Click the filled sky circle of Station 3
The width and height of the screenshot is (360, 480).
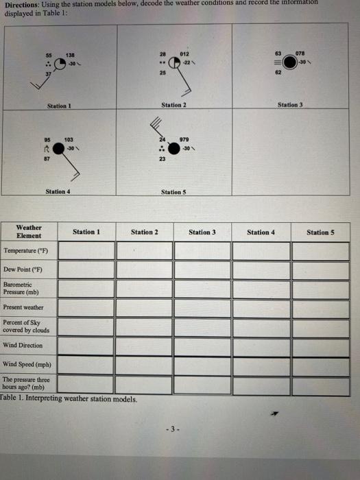click(290, 62)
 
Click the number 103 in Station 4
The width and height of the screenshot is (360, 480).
click(69, 139)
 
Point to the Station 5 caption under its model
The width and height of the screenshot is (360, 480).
click(174, 192)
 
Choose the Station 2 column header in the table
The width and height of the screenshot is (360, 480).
click(144, 232)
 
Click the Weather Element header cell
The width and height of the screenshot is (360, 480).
click(28, 231)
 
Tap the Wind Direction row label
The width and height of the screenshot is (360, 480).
click(23, 345)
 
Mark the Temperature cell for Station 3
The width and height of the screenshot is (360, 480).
click(202, 251)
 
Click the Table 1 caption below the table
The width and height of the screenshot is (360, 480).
click(69, 398)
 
